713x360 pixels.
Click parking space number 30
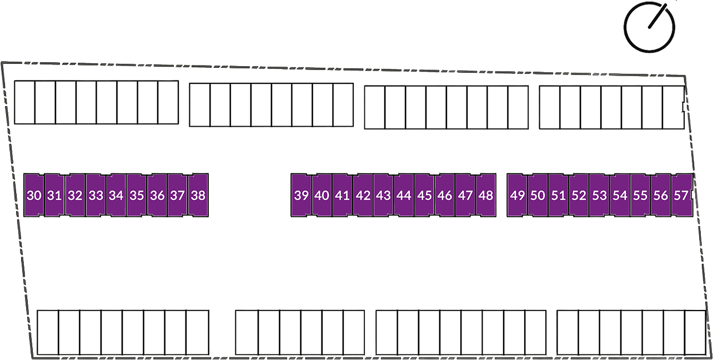34,196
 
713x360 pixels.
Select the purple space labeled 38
198,196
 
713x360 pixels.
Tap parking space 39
301,196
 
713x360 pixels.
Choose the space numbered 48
486,196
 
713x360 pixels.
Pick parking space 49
517,196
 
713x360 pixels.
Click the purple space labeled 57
681,196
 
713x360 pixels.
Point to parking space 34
116,196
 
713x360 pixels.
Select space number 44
404,196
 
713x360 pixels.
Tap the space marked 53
599,196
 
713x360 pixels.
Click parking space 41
342,196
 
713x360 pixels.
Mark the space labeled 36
157,196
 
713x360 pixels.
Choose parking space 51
558,196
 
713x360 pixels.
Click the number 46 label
445,196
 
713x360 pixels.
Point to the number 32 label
75,196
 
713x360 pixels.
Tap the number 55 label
640,196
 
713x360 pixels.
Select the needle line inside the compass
657,16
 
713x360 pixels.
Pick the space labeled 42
363,196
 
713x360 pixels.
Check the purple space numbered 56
661,196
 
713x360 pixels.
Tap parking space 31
54,196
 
